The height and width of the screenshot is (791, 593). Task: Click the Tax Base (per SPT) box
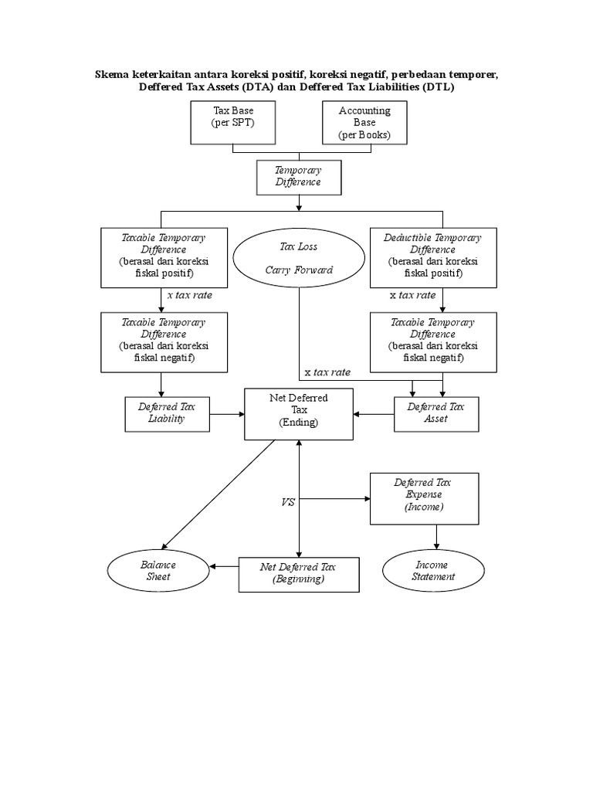coord(233,122)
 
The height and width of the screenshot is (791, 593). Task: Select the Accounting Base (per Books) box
coord(365,122)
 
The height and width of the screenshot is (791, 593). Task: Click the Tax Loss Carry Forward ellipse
coord(298,259)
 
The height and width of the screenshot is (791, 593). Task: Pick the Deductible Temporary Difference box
coord(432,256)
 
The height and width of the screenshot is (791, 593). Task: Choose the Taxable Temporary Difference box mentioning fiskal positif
coord(163,256)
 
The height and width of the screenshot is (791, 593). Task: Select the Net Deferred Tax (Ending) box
coord(298,413)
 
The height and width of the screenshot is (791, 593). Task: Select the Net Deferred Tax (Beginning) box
coord(298,573)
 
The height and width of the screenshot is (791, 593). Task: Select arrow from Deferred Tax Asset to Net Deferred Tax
coord(374,414)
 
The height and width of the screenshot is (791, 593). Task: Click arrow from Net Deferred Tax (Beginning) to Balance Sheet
coord(224,567)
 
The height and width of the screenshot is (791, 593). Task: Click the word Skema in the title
coord(112,75)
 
